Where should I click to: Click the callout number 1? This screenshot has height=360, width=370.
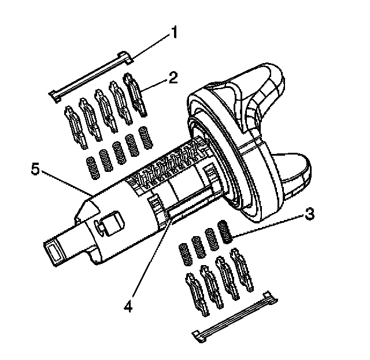pyautogui.click(x=172, y=33)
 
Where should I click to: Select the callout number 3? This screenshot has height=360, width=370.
pyautogui.click(x=309, y=214)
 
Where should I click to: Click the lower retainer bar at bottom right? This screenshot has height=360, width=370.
pyautogui.click(x=234, y=318)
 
